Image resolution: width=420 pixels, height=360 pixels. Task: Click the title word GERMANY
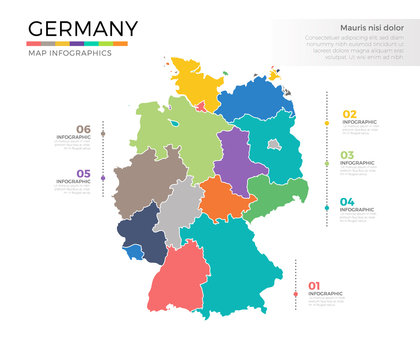(x=83, y=28)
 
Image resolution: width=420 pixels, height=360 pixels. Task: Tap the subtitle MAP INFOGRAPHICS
(x=70, y=53)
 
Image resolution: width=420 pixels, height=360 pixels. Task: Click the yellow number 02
(x=350, y=115)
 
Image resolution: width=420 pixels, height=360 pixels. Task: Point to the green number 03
(x=348, y=155)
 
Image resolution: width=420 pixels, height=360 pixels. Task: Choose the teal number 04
(x=348, y=203)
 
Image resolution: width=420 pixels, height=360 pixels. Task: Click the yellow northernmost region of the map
(x=195, y=80)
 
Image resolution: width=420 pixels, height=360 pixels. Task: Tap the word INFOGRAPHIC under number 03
(x=359, y=163)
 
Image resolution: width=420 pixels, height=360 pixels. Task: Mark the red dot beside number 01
(x=296, y=293)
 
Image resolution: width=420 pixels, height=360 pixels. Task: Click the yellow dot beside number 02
(x=327, y=123)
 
